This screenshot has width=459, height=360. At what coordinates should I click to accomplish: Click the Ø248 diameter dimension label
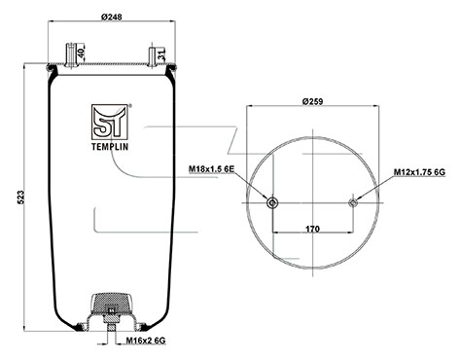point(111,17)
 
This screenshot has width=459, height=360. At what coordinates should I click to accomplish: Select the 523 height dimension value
point(20,198)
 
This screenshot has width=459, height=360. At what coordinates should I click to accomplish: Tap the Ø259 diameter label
point(312,101)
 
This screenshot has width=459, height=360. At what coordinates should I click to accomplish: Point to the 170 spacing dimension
point(312,229)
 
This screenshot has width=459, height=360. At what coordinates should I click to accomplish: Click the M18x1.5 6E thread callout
point(211,168)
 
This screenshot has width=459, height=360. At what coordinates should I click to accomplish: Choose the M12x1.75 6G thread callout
point(419,172)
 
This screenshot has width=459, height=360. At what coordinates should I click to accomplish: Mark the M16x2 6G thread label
point(146,341)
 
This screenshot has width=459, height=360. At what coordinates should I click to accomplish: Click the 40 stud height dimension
point(81,53)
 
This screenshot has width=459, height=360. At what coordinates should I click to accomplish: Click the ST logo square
point(110,123)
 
